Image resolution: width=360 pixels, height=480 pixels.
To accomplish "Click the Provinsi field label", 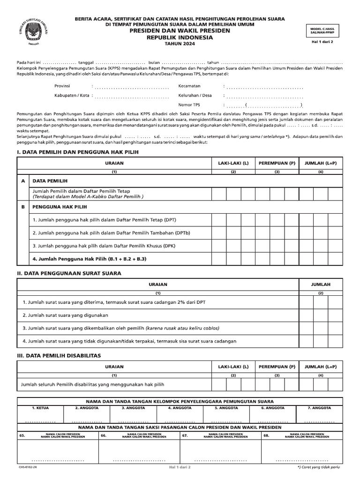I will (62, 86).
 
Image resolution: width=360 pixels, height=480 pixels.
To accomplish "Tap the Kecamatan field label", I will (189, 86).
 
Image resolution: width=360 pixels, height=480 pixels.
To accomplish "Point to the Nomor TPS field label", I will (189, 105).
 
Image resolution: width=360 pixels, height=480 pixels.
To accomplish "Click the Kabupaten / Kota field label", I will (72, 96).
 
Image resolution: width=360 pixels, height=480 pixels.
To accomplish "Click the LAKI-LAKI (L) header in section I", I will (233, 162).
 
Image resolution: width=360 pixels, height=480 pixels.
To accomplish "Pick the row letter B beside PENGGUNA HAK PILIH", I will (23, 206).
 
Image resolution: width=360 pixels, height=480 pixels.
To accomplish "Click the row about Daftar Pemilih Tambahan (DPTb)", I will (111, 232).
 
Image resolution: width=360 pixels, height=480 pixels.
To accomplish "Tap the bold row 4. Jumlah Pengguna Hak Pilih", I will (90, 259).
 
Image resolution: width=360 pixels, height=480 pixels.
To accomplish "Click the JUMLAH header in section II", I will (321, 284).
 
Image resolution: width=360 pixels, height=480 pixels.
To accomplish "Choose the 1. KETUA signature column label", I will (40, 408).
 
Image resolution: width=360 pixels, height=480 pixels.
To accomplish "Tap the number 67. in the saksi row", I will (185, 435).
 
